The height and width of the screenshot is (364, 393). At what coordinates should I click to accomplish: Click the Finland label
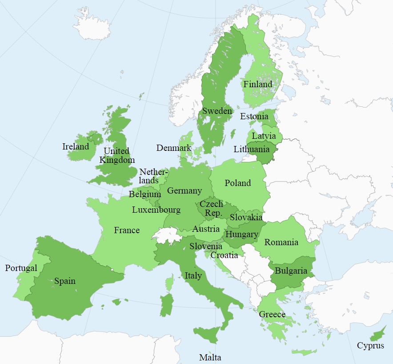[258, 84]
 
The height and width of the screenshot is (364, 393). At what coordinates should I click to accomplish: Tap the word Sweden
[217, 111]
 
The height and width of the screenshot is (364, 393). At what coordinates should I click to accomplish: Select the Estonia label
[254, 117]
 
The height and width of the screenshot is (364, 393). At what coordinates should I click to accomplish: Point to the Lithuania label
[252, 150]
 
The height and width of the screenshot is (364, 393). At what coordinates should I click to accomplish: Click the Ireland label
[76, 146]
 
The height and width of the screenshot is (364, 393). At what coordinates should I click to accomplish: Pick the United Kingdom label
[117, 155]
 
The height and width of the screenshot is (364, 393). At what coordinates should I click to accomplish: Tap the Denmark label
[174, 148]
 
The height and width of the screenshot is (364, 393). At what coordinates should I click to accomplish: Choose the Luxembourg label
[156, 210]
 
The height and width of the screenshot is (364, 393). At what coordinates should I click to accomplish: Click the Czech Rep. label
[211, 208]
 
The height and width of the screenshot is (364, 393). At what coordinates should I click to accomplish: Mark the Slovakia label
[246, 218]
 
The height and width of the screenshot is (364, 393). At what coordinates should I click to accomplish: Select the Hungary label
[242, 234]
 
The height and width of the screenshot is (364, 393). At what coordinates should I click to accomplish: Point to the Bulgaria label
[291, 271]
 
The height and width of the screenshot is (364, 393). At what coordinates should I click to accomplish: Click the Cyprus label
[370, 345]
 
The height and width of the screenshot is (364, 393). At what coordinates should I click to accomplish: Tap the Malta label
[210, 357]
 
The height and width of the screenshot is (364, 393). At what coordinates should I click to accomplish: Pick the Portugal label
[21, 268]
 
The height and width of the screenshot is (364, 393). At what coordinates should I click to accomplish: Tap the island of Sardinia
[167, 304]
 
